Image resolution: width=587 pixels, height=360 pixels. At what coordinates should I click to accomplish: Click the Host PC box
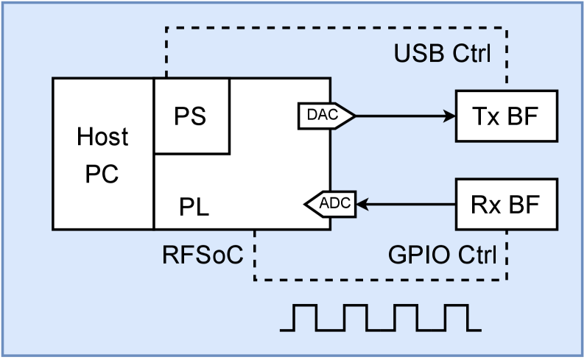pos(102,154)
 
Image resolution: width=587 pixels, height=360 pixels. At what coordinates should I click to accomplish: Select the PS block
pos(191,116)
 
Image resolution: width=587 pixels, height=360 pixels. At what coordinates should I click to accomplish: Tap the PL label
pos(194,207)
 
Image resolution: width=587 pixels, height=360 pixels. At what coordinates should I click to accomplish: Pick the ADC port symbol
pos(331,202)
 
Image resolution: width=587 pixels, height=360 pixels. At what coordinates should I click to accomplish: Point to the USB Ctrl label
pos(442,54)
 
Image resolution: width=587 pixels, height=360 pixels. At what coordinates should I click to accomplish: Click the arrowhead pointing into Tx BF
pos(449,116)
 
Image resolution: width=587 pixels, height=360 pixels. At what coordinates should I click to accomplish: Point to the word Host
pos(102,137)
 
